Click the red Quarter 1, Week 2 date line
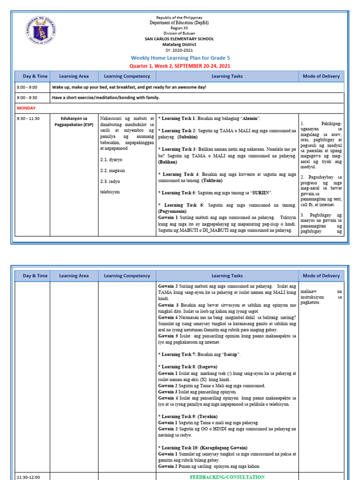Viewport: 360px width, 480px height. [180, 66]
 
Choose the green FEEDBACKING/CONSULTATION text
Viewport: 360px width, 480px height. [227, 477]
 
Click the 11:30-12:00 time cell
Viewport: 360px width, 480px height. [29, 477]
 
